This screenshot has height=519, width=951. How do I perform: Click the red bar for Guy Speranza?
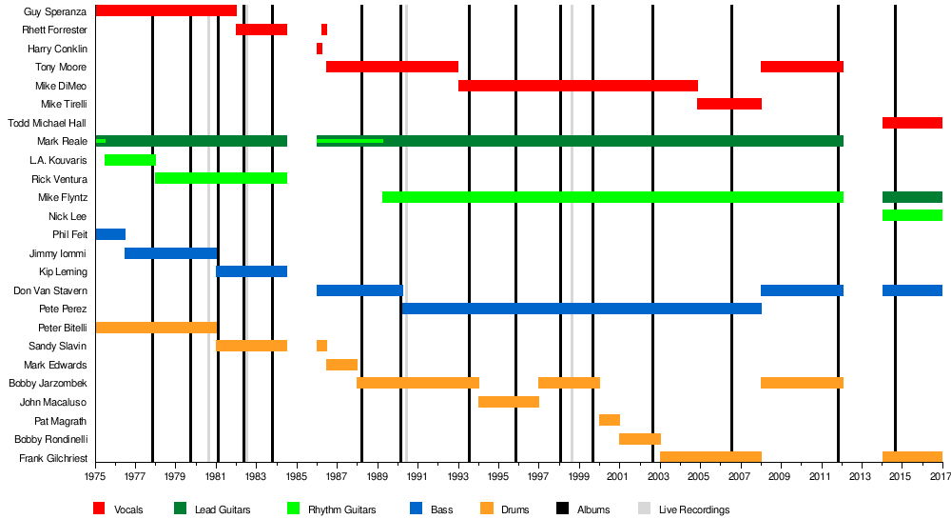[x=165, y=10]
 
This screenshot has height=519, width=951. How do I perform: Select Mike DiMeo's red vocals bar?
[x=577, y=86]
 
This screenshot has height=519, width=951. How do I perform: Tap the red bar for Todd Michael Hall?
[x=912, y=123]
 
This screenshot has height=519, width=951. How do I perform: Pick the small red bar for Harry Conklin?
[x=320, y=49]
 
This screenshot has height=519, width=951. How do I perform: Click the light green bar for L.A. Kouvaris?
[x=129, y=160]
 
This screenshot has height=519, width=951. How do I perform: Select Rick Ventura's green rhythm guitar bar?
[x=221, y=178]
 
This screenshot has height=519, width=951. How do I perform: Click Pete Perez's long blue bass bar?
[x=581, y=309]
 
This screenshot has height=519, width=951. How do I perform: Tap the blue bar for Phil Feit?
[x=110, y=234]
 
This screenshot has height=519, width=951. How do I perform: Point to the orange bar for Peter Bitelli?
[x=156, y=328]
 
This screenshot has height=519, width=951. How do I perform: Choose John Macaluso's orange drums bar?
[x=509, y=402]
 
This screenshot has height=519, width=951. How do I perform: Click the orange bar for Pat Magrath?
[x=610, y=420]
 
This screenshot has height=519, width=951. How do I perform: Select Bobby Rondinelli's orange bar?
[x=640, y=439]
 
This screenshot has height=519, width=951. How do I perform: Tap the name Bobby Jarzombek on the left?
[x=48, y=384]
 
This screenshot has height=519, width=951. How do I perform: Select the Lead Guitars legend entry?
[x=223, y=509]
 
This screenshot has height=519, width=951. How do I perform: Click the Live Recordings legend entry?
[x=694, y=509]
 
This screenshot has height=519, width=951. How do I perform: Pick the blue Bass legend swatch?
[x=415, y=509]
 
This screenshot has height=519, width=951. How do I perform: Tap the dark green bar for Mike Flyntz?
[x=912, y=197]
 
